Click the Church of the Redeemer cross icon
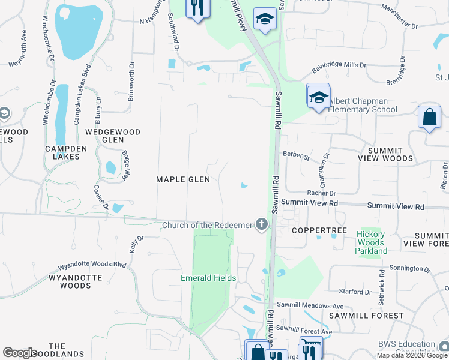pyautogui.click(x=261, y=224)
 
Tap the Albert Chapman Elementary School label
pyautogui.click(x=362, y=105)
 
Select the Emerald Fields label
pyautogui.click(x=208, y=278)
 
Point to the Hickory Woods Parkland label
pyautogui.click(x=371, y=242)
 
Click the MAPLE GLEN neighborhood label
pyautogui.click(x=183, y=179)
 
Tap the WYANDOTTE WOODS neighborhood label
pyautogui.click(x=70, y=281)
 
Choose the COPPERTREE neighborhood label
pyautogui.click(x=312, y=230)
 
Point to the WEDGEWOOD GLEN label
pyautogui.click(x=112, y=136)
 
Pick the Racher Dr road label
pyautogui.click(x=321, y=193)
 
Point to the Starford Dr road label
pyautogui.click(x=355, y=292)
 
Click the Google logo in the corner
pyautogui.click(x=20, y=353)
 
